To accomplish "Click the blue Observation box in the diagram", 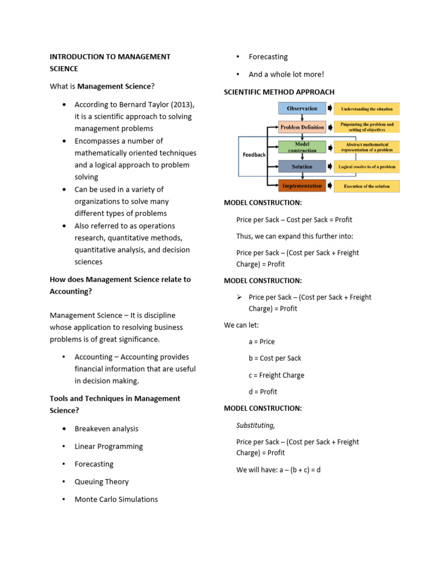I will click(302, 109).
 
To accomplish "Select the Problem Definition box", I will click(302, 127).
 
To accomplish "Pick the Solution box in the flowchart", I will click(302, 166).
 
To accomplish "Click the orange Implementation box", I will click(302, 186).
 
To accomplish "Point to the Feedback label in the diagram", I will click(254, 155).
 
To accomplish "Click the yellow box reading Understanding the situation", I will click(366, 109).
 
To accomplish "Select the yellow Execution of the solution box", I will click(366, 186).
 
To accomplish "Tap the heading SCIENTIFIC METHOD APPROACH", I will click(279, 92).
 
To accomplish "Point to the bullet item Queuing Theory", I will click(101, 481).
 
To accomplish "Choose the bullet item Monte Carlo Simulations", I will click(116, 499).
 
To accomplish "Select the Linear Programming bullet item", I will click(109, 446).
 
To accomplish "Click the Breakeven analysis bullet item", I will click(106, 429).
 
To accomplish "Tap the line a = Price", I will click(262, 341).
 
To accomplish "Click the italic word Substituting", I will click(255, 425).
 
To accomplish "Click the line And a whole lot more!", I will click(286, 74).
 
